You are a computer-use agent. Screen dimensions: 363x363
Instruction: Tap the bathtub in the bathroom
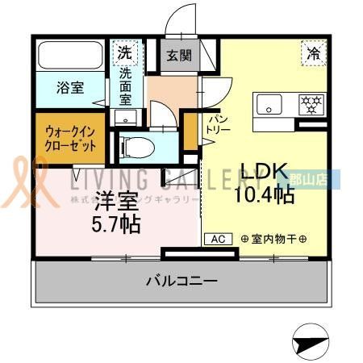[69, 56]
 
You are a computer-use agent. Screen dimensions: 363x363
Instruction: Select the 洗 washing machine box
[126, 53]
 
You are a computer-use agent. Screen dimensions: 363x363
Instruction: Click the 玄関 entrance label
[178, 56]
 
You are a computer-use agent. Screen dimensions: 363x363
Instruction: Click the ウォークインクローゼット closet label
[71, 138]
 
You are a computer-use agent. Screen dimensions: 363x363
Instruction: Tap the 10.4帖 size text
[263, 194]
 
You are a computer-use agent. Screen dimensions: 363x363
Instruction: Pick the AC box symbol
[217, 239]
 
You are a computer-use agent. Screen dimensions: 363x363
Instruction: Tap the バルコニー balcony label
[181, 282]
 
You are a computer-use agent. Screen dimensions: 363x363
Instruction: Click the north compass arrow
[311, 343]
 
